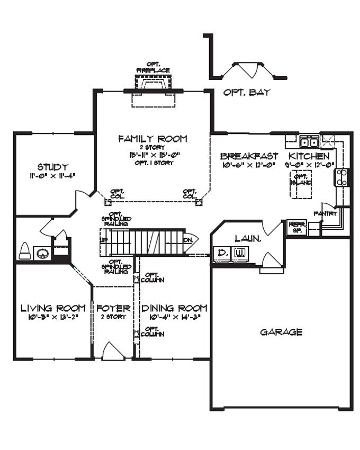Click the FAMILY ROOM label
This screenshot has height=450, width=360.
(152, 139)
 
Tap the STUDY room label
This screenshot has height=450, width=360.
(52, 167)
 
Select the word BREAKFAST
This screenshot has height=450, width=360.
(249, 157)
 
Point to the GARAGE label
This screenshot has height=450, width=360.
(281, 332)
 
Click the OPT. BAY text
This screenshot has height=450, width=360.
(247, 93)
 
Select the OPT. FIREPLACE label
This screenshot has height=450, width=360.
(153, 67)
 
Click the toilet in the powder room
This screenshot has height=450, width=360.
(25, 251)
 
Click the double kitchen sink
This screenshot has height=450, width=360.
(309, 142)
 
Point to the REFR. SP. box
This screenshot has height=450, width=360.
(294, 228)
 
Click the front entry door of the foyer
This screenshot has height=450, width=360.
(113, 352)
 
